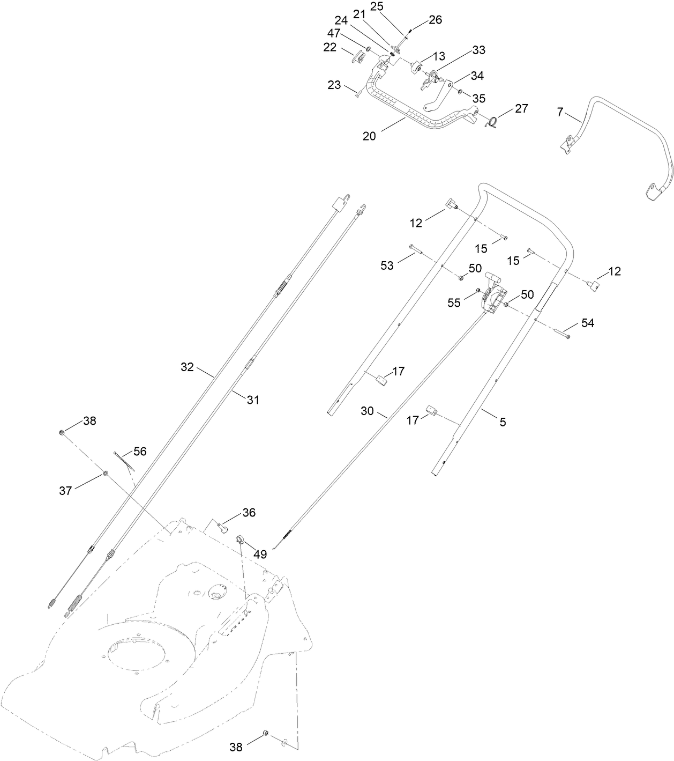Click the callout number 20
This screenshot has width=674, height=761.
pyautogui.click(x=369, y=136)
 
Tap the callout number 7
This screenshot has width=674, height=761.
pyautogui.click(x=560, y=112)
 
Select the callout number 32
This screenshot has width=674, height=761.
pyautogui.click(x=186, y=367)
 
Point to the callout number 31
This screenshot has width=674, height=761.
pyautogui.click(x=253, y=400)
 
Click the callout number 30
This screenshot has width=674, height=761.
pyautogui.click(x=367, y=411)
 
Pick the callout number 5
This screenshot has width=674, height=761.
pyautogui.click(x=503, y=422)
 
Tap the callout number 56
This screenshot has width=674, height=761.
pyautogui.click(x=140, y=452)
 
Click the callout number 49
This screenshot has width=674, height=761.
pyautogui.click(x=260, y=555)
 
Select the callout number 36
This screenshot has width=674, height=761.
pyautogui.click(x=249, y=513)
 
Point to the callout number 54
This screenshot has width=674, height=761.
pyautogui.click(x=588, y=323)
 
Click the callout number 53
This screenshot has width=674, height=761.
pyautogui.click(x=387, y=265)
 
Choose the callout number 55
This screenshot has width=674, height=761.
pyautogui.click(x=454, y=303)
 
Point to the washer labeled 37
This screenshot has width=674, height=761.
pyautogui.click(x=106, y=473)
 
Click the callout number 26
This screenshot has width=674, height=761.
pyautogui.click(x=435, y=20)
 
